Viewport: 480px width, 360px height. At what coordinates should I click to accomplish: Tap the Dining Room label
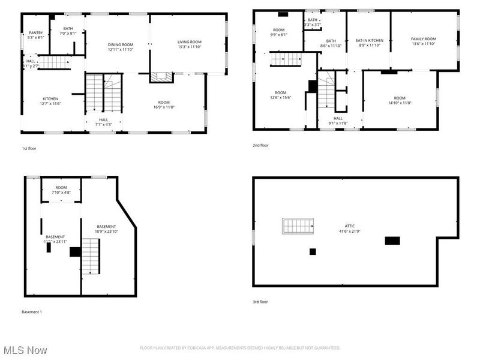(121, 44)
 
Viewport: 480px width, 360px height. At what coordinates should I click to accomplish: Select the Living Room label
(190, 42)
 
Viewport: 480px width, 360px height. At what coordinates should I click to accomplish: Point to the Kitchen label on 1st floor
(50, 98)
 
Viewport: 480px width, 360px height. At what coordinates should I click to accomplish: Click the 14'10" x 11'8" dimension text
(400, 103)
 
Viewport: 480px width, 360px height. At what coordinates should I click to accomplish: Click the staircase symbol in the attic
(298, 226)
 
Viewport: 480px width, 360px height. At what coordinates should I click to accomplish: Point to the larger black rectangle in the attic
(392, 241)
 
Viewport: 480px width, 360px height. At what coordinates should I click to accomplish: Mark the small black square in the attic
(313, 252)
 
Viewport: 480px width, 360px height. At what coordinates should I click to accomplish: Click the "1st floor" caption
(29, 148)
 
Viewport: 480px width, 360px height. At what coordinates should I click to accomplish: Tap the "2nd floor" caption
(260, 145)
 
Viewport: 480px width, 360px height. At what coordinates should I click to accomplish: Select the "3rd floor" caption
(260, 302)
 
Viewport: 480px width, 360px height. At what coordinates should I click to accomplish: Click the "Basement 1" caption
(31, 312)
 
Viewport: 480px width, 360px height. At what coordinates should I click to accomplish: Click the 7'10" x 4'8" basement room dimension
(61, 193)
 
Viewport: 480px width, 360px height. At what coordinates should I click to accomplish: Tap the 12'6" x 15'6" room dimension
(280, 97)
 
